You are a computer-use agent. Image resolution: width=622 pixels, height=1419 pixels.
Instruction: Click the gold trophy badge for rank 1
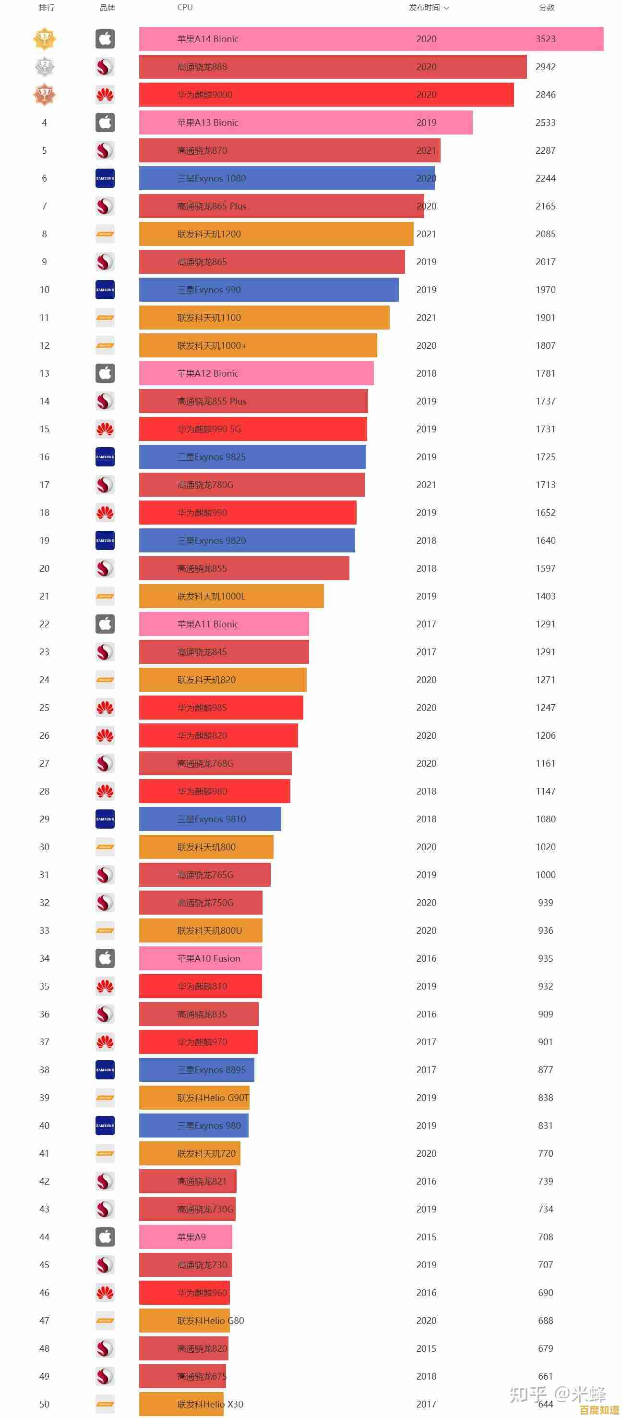(x=45, y=39)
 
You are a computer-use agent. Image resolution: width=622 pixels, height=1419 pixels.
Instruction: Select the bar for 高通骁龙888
(x=333, y=67)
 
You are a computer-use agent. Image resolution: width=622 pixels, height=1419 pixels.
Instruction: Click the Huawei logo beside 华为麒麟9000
(x=105, y=95)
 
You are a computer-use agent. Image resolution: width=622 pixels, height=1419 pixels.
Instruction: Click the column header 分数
(x=546, y=8)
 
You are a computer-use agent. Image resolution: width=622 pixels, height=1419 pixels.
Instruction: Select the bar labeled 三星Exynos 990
(x=269, y=290)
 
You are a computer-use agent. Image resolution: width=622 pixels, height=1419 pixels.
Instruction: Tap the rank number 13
(x=45, y=373)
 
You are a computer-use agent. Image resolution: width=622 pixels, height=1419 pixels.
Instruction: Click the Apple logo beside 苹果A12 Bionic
(x=105, y=373)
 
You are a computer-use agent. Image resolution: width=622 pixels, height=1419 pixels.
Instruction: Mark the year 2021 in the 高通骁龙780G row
(x=426, y=485)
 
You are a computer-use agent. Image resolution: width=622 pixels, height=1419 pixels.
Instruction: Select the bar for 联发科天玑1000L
(x=231, y=596)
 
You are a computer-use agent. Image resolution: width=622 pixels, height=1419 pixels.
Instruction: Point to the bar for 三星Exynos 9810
(x=210, y=819)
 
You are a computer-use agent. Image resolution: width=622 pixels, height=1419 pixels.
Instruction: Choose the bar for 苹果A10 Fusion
(x=200, y=958)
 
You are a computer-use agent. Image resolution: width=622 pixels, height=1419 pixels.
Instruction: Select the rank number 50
(x=45, y=1404)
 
